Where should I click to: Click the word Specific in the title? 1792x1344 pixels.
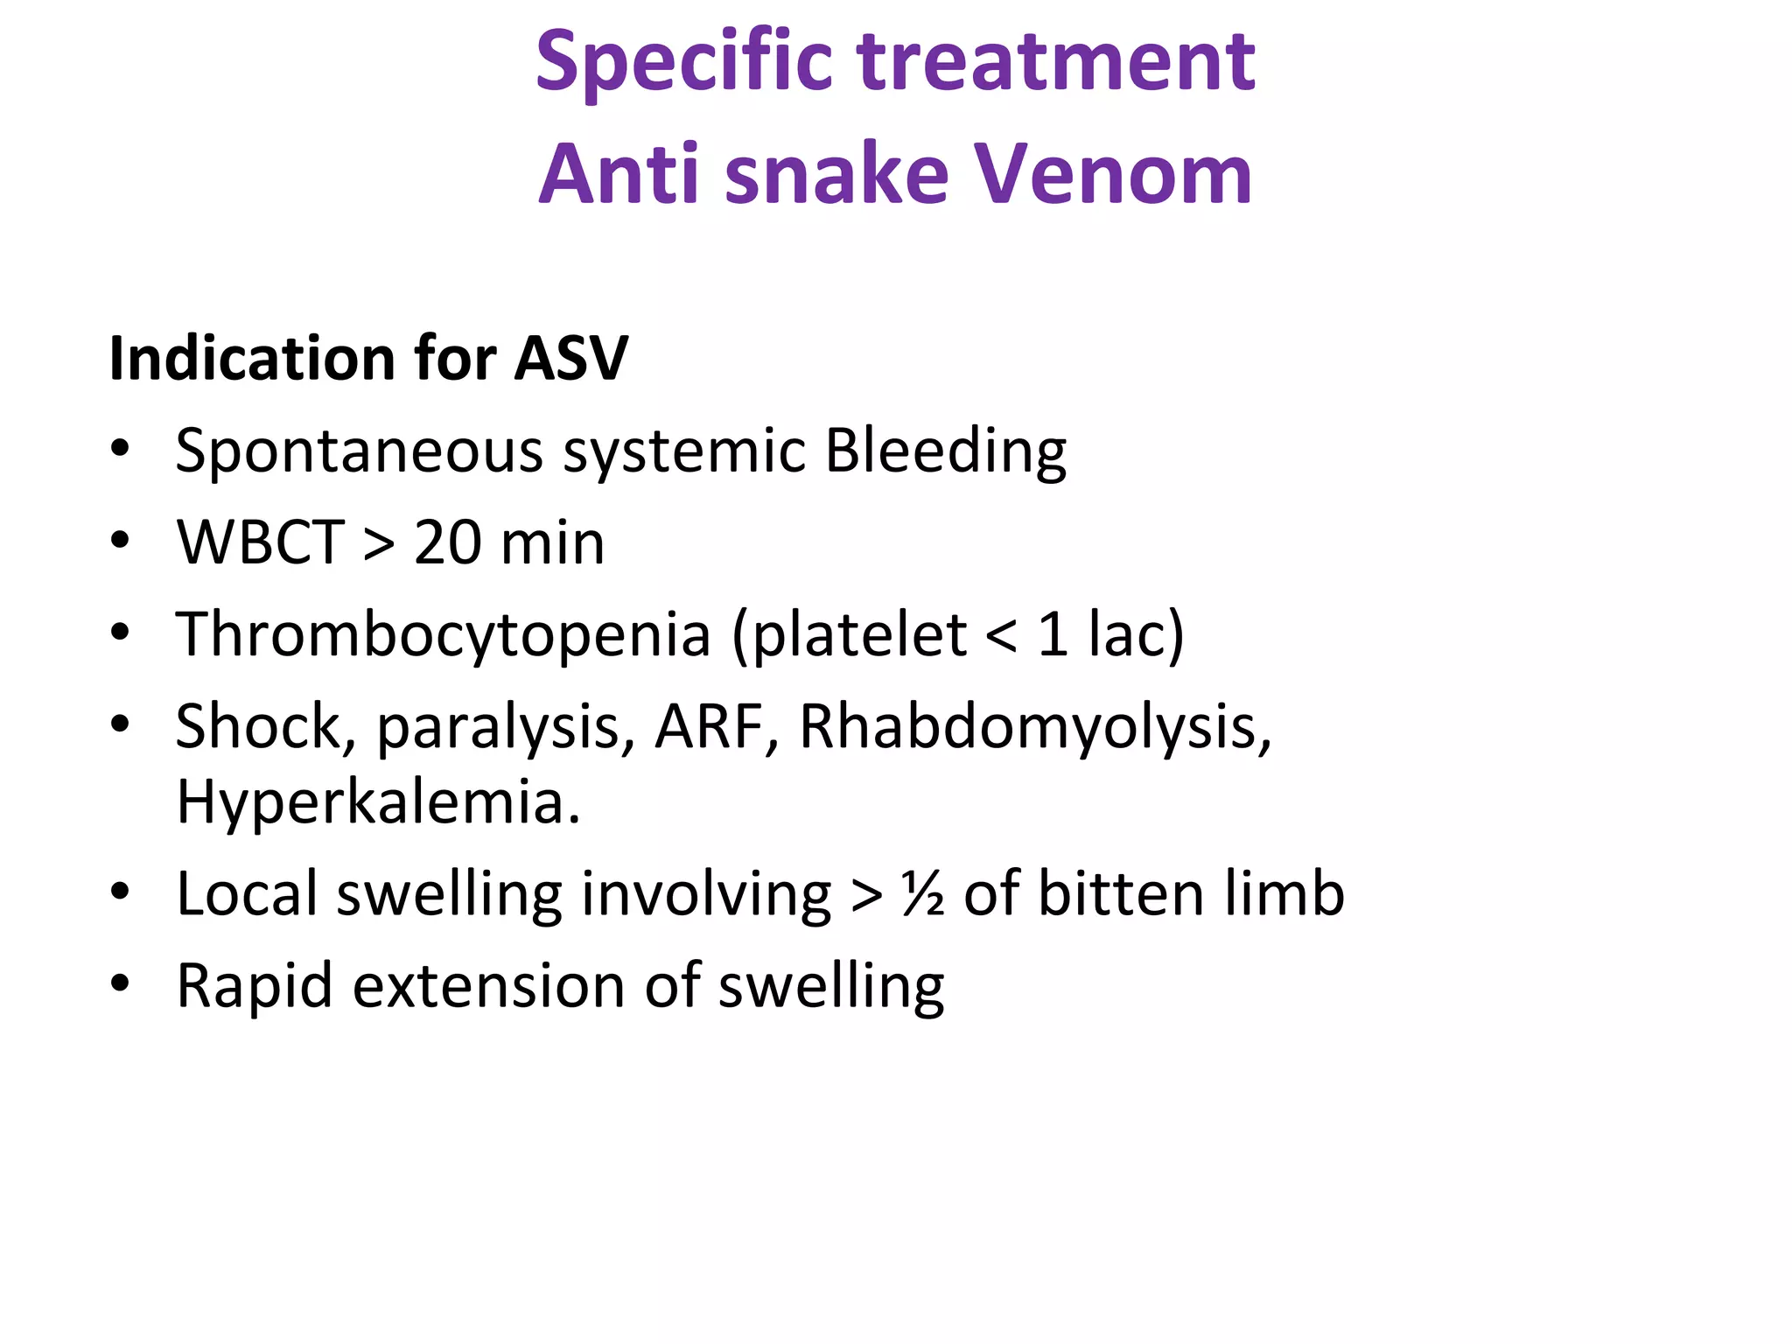point(683,63)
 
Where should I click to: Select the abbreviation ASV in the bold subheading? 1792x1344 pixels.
point(570,359)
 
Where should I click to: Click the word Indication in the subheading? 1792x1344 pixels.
point(252,359)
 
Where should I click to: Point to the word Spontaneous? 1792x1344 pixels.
point(359,452)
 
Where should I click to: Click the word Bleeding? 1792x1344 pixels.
point(945,452)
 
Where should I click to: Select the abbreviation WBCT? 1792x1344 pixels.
point(260,543)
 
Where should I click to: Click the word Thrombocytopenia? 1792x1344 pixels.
point(443,635)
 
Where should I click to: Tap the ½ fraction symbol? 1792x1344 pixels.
point(923,895)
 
